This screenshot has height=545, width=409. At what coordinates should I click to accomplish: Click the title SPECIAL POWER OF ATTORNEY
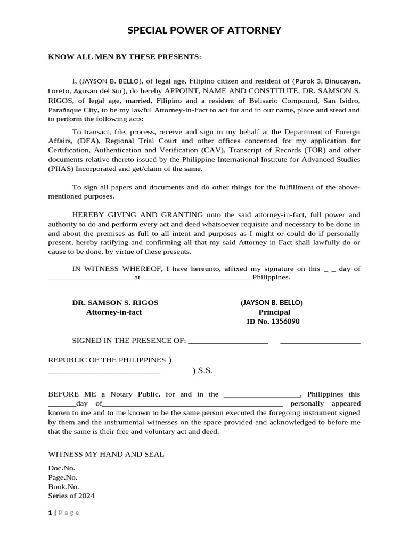(x=204, y=30)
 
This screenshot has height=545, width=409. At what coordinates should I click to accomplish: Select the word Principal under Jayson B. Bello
(x=274, y=312)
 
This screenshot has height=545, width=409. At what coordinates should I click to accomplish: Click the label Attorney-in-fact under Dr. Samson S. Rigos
(x=114, y=312)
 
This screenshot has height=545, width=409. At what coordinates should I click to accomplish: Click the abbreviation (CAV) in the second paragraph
(x=231, y=150)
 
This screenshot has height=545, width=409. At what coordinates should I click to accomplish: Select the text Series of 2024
(x=71, y=496)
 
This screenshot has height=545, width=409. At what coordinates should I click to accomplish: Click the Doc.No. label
(x=62, y=468)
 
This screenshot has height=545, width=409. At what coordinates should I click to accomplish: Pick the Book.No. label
(x=64, y=486)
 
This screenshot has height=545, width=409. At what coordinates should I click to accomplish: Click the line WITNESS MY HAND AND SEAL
(x=107, y=454)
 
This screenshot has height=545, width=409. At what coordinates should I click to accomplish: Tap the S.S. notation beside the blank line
(x=205, y=371)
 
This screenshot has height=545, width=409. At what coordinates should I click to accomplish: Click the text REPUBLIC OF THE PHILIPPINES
(x=107, y=360)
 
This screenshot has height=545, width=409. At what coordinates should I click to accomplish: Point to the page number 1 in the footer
(x=50, y=513)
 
